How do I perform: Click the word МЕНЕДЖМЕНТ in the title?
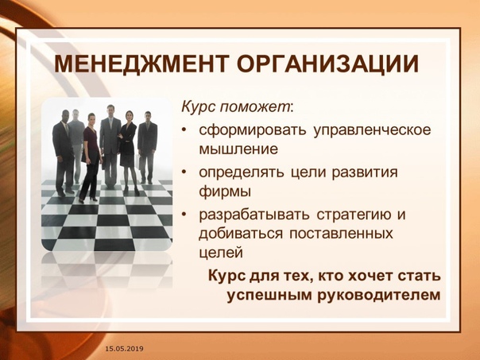[141, 64]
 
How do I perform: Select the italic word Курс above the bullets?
[196, 107]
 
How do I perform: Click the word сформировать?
[253, 130]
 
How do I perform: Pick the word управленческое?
[372, 130]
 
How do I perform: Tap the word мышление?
[238, 149]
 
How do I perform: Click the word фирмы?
[225, 192]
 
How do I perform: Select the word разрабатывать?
[254, 215]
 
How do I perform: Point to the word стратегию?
[354, 215]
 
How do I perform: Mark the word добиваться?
[241, 234]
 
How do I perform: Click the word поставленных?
[342, 234]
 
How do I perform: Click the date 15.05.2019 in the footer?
[124, 349]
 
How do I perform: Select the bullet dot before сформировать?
[184, 130]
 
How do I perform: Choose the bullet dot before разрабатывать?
[184, 215]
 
